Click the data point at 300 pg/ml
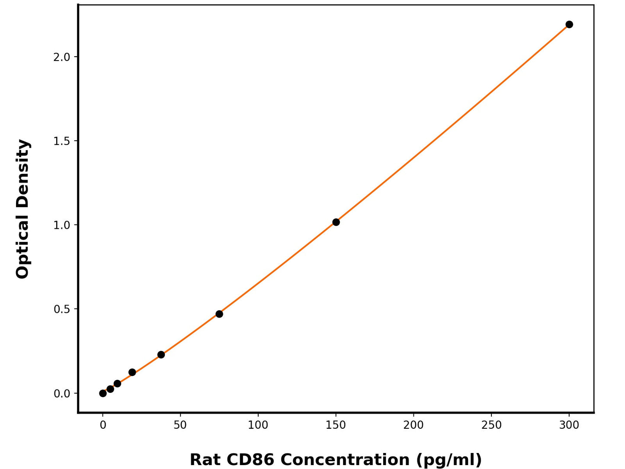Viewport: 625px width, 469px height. point(569,24)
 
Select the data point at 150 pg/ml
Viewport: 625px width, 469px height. point(336,222)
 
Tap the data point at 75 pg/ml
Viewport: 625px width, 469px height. point(219,314)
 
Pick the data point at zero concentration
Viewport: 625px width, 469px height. point(103,393)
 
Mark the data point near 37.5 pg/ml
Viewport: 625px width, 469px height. point(161,354)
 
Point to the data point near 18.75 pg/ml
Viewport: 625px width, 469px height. point(132,372)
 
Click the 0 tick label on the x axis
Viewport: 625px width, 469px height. point(103,425)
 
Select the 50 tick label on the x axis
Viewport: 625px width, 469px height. point(180,425)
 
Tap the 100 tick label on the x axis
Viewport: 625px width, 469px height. point(258,425)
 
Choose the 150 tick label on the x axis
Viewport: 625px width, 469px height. point(336,425)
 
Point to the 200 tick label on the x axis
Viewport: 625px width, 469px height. point(413,425)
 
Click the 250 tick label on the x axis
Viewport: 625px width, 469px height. point(491,425)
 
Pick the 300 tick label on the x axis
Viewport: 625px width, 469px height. point(569,425)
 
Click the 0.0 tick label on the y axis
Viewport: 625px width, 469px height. point(62,394)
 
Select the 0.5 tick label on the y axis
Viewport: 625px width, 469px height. point(62,309)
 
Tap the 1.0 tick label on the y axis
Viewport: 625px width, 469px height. point(62,225)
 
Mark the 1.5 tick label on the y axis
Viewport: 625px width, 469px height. point(62,141)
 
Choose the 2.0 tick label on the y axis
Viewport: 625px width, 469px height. point(62,57)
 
